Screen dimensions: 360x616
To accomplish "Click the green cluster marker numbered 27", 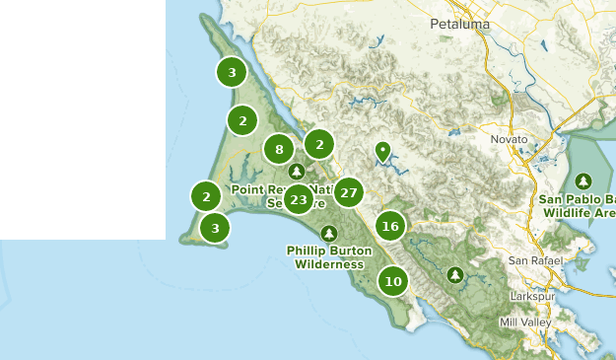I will coord(349,192).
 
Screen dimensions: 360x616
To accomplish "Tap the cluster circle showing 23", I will coord(298,200).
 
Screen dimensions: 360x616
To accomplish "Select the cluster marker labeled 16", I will coord(390,226).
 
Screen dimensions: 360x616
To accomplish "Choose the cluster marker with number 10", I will coord(393,281).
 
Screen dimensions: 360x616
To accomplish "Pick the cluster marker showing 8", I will coord(279,150).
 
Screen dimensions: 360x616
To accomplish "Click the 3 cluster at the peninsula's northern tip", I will coord(232,72).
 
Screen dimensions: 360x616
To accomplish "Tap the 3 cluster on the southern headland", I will coord(215,228).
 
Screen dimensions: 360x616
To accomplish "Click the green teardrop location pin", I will coord(382,152).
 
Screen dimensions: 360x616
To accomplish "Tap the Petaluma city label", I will coord(459,23).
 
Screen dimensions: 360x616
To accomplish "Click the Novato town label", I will coord(510,140).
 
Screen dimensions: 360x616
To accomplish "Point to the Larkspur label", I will coord(535,296).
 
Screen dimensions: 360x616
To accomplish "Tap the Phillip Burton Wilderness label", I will coord(329,257).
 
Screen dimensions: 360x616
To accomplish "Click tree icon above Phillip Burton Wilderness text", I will coord(329,234).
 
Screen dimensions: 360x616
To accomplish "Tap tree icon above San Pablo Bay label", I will coord(583,181).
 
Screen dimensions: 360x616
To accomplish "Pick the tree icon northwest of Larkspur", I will coord(454,274).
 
